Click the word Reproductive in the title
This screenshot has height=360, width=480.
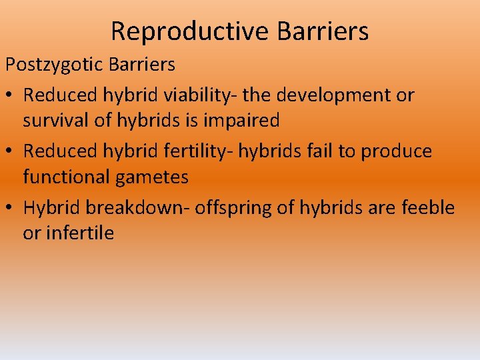[x=179, y=31]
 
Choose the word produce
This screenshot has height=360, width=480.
[x=397, y=151]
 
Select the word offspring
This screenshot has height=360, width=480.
[x=239, y=207]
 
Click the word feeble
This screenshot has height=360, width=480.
[x=429, y=207]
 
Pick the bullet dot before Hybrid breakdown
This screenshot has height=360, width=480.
[x=11, y=208]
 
